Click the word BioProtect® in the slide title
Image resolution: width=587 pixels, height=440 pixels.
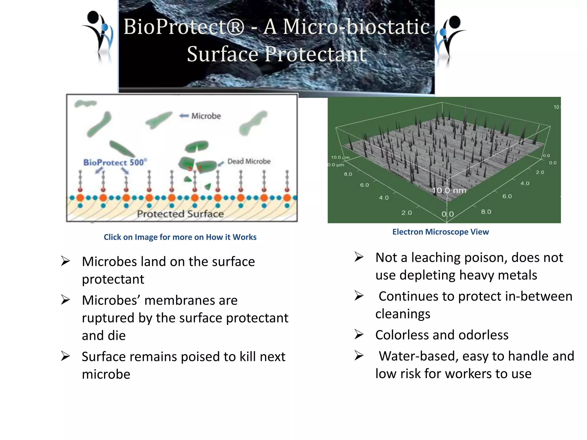[184, 27]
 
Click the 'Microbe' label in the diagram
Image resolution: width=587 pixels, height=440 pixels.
[206, 116]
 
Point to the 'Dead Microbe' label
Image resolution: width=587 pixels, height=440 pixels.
[249, 161]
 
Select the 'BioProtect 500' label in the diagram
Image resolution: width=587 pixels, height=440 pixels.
[115, 162]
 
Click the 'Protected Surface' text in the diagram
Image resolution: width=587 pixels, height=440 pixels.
[180, 214]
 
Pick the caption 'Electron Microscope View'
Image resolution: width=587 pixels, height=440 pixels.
[441, 232]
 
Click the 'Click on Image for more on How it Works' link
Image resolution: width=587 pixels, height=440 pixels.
[180, 237]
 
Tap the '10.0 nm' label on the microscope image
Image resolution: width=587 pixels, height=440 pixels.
[449, 190]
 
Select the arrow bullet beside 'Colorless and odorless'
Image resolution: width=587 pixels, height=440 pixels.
[359, 334]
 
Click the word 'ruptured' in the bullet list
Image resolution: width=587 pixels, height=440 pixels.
[108, 318]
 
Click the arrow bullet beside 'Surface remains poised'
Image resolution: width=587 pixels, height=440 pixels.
[65, 356]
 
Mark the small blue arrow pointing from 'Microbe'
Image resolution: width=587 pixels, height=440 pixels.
[184, 116]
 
